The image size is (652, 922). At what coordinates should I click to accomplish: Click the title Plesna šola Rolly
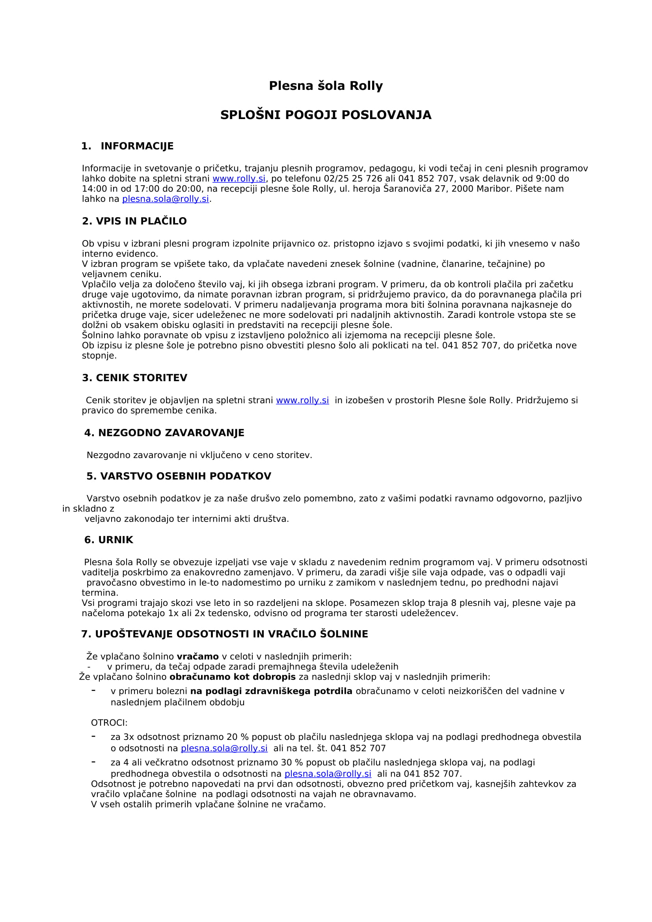click(x=326, y=86)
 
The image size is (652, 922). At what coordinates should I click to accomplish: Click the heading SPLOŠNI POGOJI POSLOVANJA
click(x=326, y=115)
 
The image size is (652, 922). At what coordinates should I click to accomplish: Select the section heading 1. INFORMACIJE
click(x=127, y=146)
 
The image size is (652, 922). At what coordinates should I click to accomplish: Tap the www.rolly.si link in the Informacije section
click(x=239, y=179)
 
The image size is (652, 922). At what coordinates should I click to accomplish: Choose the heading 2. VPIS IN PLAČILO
click(x=134, y=221)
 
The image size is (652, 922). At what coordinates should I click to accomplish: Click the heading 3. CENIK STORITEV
click(x=134, y=378)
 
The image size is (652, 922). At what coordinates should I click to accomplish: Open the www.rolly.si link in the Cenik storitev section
click(x=302, y=400)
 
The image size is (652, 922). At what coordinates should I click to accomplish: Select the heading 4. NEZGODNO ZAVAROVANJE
click(x=164, y=433)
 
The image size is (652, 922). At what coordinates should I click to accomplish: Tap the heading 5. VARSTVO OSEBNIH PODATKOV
click(x=179, y=476)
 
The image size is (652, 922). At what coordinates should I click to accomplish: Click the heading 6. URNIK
click(x=108, y=540)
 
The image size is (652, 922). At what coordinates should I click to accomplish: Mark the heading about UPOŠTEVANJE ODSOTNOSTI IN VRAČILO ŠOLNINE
click(x=224, y=634)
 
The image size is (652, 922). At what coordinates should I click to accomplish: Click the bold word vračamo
click(x=197, y=657)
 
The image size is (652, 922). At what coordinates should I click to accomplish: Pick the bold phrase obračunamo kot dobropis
click(x=233, y=677)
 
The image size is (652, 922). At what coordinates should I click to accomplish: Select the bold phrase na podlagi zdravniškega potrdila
click(x=271, y=691)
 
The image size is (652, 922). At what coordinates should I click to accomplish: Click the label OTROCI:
click(x=109, y=723)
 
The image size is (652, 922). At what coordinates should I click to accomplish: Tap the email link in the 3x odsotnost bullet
click(x=224, y=749)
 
